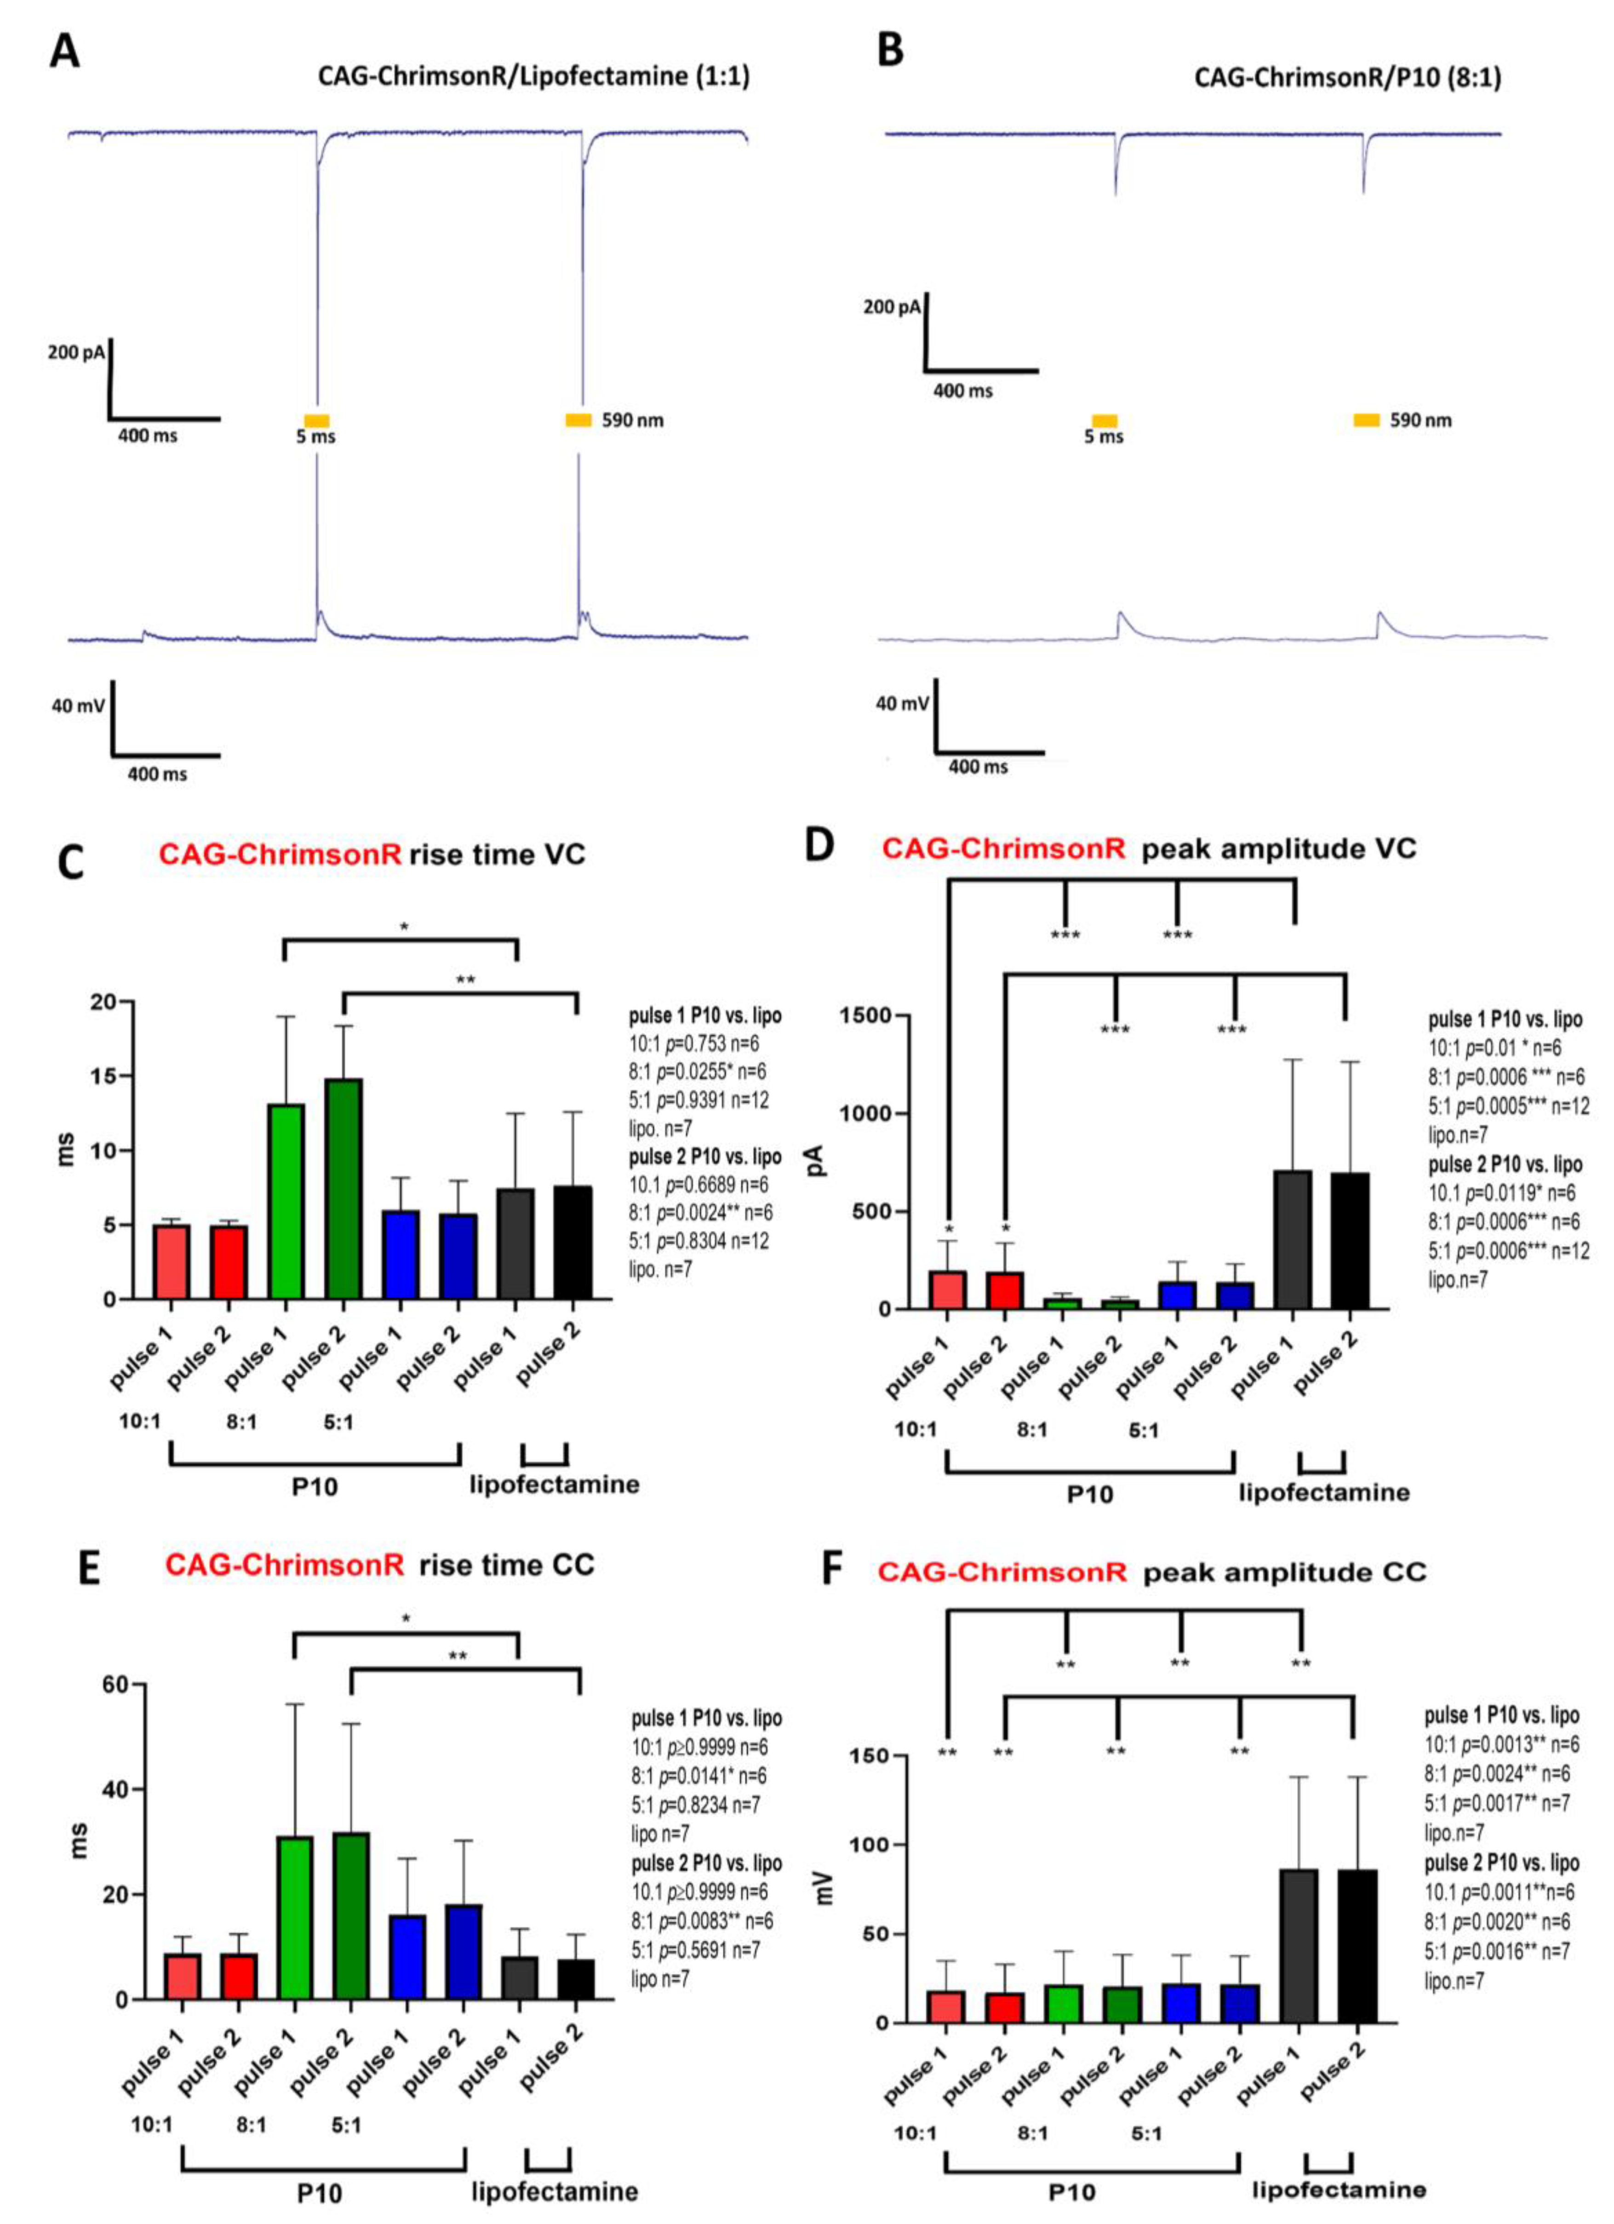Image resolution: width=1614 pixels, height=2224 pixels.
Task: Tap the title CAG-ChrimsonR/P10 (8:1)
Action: tap(1346, 77)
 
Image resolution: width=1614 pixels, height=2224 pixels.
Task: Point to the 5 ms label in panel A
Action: tap(316, 436)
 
